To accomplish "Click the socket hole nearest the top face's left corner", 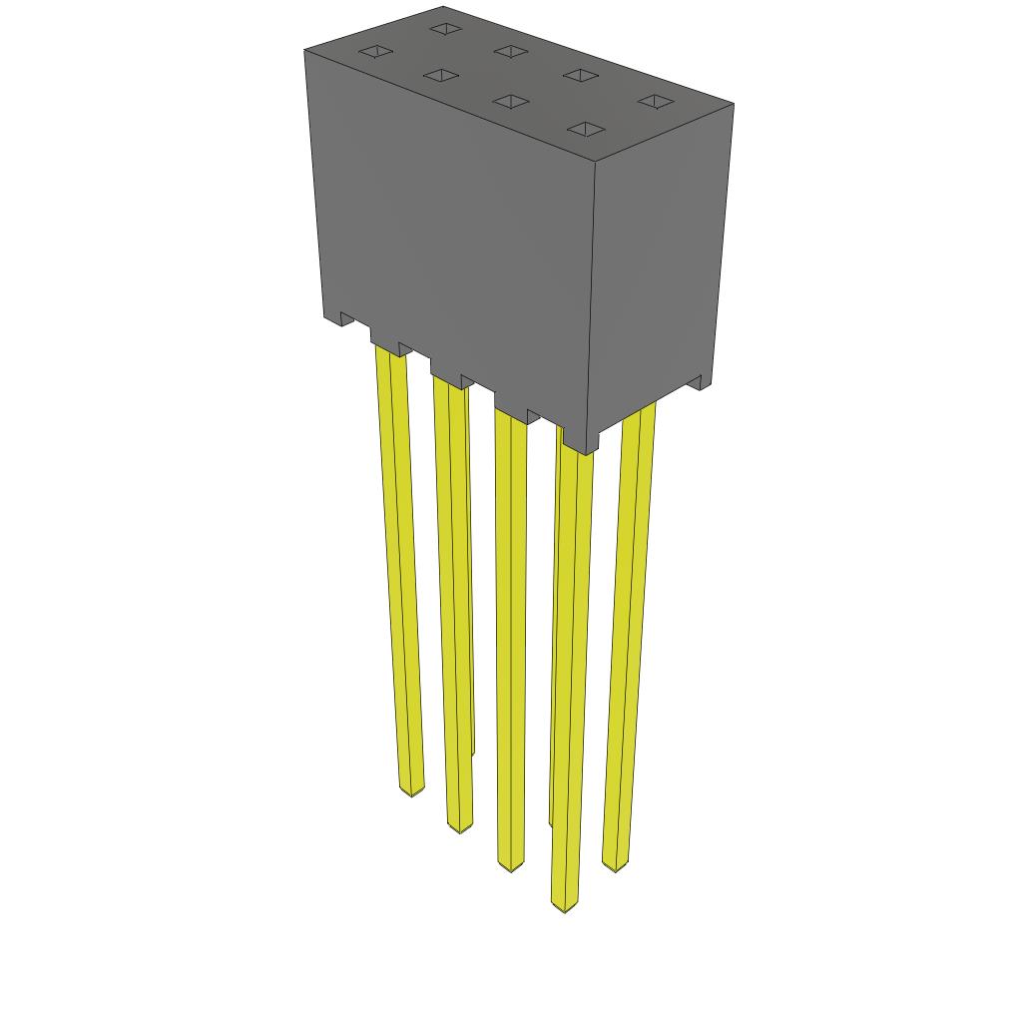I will (x=375, y=51).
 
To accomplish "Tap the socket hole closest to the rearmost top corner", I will (x=443, y=28).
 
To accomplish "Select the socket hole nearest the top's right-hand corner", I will (x=655, y=101).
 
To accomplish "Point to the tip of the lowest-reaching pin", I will (x=564, y=905).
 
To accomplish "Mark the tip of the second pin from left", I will (x=458, y=826).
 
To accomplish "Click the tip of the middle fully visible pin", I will (x=510, y=865).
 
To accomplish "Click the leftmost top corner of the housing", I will (x=304, y=50).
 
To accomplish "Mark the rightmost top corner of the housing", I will (x=734, y=104).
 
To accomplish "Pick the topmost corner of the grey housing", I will (x=442, y=7).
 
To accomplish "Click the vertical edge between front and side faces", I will (x=592, y=299).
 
